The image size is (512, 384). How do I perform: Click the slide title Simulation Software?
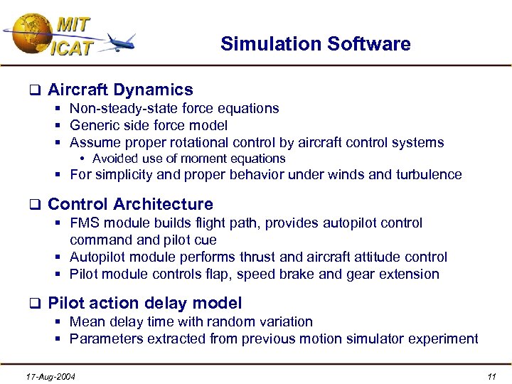(315, 44)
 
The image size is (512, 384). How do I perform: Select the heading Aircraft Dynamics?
(120, 90)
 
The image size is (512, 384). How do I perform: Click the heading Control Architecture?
(130, 205)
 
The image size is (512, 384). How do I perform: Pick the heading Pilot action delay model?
(144, 303)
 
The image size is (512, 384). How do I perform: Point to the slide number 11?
(490, 375)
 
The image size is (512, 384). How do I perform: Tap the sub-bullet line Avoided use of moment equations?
(188, 159)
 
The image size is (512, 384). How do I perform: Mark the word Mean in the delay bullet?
(86, 322)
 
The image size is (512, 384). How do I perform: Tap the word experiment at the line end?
(444, 339)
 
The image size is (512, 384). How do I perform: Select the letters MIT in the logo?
(73, 24)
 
